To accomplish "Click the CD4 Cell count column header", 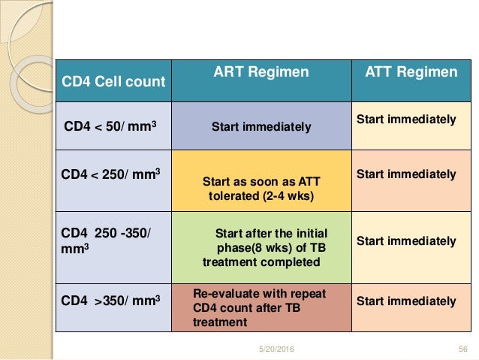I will pyautogui.click(x=113, y=81).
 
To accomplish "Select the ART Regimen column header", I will pyautogui.click(x=261, y=72).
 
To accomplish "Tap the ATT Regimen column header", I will pyautogui.click(x=411, y=72).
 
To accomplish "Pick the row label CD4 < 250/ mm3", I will pyautogui.click(x=113, y=175).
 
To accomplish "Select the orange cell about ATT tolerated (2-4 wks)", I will pyautogui.click(x=261, y=188).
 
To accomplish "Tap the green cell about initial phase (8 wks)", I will pyautogui.click(x=261, y=247).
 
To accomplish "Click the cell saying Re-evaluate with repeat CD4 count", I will pyautogui.click(x=261, y=307).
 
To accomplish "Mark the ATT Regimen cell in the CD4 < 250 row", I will pyautogui.click(x=405, y=174).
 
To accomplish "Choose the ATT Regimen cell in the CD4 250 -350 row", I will pyautogui.click(x=405, y=241).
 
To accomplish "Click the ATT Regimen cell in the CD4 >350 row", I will pyautogui.click(x=405, y=301).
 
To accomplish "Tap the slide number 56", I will pyautogui.click(x=462, y=349).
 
